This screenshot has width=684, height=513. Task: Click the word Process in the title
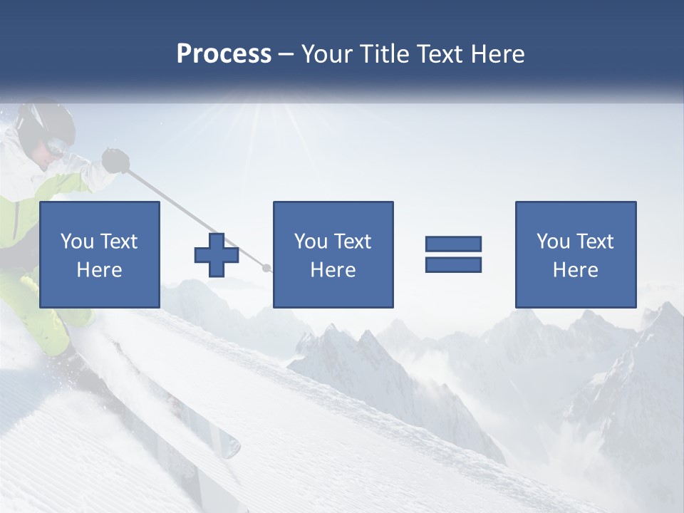coord(224,53)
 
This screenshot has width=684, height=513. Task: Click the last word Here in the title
coord(497,53)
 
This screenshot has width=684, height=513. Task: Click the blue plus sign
coord(217,255)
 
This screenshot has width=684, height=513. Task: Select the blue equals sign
coord(453,254)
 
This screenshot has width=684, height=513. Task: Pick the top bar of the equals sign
coord(453,244)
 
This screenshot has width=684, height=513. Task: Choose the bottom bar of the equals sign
coord(453,265)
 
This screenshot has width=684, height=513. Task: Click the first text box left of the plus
coord(99,255)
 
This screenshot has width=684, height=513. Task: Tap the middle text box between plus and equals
coord(333,255)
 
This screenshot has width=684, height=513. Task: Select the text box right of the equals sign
coord(575,255)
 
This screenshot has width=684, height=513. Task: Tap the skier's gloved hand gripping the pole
coord(115,160)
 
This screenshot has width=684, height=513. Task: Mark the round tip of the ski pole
coord(267,269)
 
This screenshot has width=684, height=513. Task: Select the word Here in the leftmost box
coord(99,270)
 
